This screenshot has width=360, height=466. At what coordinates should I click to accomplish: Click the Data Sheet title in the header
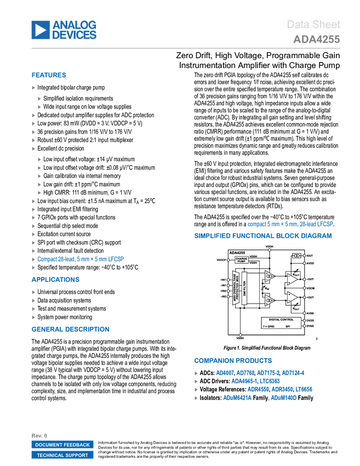tap(313, 25)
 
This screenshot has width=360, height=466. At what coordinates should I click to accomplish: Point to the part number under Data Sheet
tap(316, 39)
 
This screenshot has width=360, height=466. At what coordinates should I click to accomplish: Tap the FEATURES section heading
tap(49, 76)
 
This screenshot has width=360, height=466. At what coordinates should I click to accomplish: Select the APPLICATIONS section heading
tap(55, 280)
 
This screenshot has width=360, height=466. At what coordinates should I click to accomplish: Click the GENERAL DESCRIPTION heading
tap(70, 329)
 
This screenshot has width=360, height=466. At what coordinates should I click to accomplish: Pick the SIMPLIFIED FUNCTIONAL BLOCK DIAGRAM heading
tap(262, 236)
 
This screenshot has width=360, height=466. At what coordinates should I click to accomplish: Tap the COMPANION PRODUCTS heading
tap(232, 361)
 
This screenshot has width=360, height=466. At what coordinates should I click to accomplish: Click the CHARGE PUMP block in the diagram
tap(241, 260)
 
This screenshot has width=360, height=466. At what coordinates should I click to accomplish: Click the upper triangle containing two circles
tap(269, 276)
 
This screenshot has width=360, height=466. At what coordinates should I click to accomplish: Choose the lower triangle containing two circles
tap(269, 300)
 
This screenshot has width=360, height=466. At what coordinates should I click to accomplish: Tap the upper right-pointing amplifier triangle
tap(292, 279)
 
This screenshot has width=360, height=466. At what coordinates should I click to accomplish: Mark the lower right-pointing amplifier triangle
tap(292, 297)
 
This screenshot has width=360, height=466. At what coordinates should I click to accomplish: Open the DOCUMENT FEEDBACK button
tap(62, 445)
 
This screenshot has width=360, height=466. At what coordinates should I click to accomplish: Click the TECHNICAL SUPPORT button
tap(62, 455)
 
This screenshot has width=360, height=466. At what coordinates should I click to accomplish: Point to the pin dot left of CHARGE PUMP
tap(228, 260)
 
